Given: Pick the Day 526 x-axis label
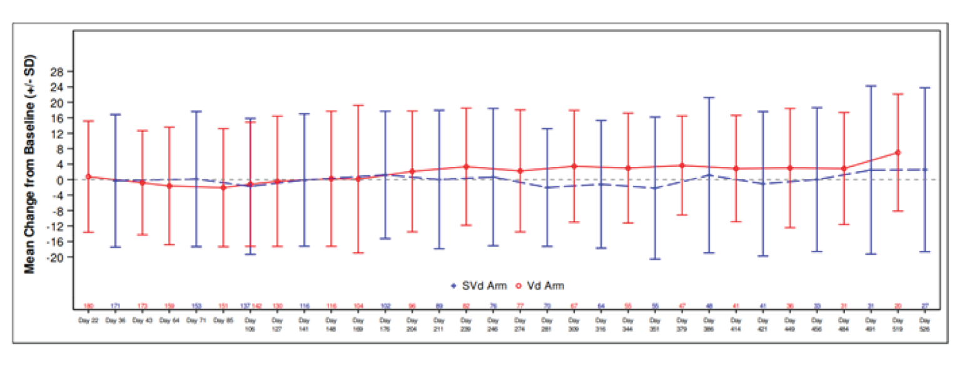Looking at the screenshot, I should click(x=925, y=324).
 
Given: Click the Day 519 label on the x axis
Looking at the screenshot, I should click(x=898, y=324).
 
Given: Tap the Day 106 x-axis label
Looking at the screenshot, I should click(x=250, y=324).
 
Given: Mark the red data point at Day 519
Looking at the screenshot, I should click(x=898, y=153).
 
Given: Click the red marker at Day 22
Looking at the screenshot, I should click(x=88, y=176).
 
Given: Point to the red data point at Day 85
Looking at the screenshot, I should click(x=223, y=188).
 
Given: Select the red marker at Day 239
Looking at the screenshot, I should click(x=465, y=166).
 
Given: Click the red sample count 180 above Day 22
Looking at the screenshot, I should click(x=88, y=306).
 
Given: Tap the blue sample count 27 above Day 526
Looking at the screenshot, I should click(x=925, y=306).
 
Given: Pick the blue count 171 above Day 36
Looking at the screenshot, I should click(x=115, y=306).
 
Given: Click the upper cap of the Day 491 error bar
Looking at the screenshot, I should click(x=871, y=86).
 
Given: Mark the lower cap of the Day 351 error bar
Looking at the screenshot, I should click(x=656, y=259).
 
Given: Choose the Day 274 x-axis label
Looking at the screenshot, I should click(x=519, y=324).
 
